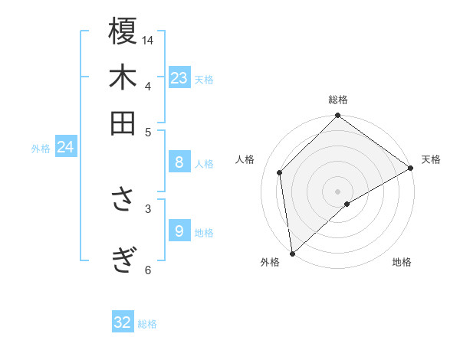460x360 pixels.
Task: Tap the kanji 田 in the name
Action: [123, 123]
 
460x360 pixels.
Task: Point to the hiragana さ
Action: [123, 200]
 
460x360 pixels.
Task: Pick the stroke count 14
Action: [148, 39]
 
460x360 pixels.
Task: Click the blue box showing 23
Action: [179, 78]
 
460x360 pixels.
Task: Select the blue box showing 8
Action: [179, 162]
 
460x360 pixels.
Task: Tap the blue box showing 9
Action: [179, 231]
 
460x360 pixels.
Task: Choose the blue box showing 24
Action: [65, 147]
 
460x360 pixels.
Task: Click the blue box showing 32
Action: [123, 322]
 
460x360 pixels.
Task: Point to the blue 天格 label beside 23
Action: [204, 80]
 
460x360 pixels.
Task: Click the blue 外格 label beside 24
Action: [41, 149]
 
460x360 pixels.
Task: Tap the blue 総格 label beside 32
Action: [148, 324]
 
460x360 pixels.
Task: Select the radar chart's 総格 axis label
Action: [338, 100]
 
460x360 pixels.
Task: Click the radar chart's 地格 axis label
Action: [402, 263]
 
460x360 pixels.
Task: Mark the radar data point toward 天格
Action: [411, 169]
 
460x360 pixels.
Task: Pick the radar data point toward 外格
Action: [292, 254]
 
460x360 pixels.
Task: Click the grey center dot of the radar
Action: [338, 191]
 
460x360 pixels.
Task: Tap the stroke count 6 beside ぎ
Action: [148, 269]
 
